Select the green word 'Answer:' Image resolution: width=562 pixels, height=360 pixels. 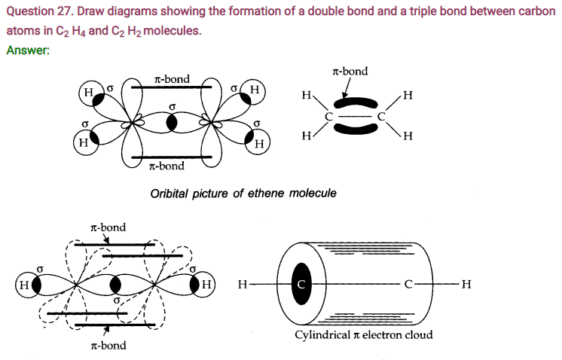coord(28,50)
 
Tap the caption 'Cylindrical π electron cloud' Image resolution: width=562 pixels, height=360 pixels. coord(363,335)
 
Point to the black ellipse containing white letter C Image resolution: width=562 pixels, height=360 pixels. coord(301,284)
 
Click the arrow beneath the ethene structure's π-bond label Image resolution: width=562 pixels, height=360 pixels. coord(347,87)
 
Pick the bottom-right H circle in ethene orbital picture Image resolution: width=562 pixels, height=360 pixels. coord(258,143)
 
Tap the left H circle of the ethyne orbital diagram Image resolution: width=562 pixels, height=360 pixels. coord(27,285)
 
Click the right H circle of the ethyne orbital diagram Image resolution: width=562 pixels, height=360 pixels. coord(204,285)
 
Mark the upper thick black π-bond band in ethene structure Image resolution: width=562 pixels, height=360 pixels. coord(355,103)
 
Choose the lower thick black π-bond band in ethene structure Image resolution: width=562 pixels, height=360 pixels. coord(355,129)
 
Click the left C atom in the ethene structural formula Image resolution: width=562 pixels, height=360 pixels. coord(328,117)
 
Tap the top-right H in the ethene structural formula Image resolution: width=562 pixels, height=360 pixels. coord(408,96)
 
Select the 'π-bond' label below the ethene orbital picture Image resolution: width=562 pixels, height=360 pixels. coord(166,166)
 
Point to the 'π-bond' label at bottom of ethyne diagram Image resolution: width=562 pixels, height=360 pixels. coord(108,345)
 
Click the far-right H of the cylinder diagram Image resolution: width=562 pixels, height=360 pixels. coord(466,284)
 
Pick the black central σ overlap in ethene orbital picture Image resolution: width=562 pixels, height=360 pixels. coord(172,123)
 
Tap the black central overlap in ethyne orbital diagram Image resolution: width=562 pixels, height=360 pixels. coord(115,285)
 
